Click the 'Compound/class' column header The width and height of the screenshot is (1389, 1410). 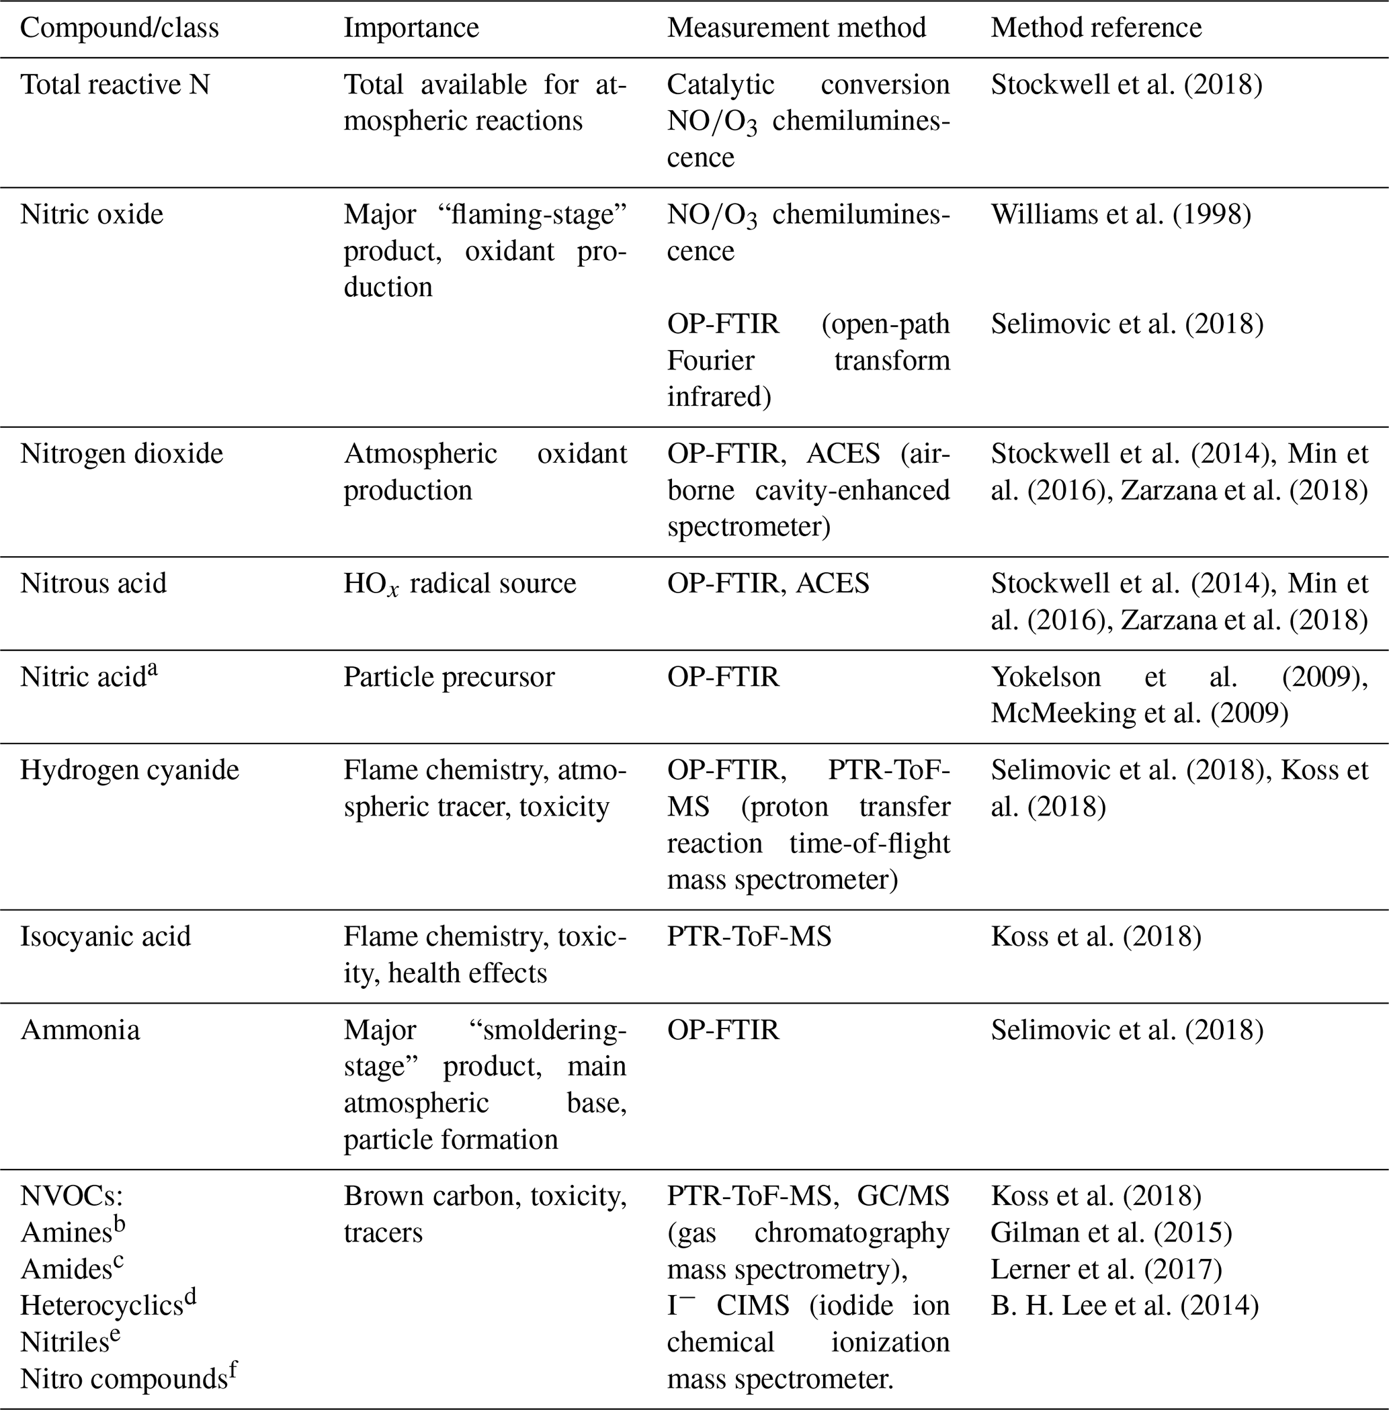pyautogui.click(x=119, y=28)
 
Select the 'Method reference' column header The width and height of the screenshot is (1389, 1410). pyautogui.click(x=1096, y=28)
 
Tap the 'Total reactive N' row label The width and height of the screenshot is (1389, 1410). pyautogui.click(x=114, y=85)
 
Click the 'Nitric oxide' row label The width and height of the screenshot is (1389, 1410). pyautogui.click(x=92, y=215)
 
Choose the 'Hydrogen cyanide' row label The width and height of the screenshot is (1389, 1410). pyautogui.click(x=129, y=771)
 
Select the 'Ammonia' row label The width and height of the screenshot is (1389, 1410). pyautogui.click(x=80, y=1030)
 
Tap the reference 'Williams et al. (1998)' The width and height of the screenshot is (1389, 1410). pyautogui.click(x=1120, y=215)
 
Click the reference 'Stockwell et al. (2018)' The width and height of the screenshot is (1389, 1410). pyautogui.click(x=1126, y=85)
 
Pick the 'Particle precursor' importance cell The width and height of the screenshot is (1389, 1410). pyautogui.click(x=449, y=678)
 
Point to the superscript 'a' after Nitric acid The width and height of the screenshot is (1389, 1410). pyautogui.click(x=153, y=670)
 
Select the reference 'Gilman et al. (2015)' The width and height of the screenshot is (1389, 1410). pyautogui.click(x=1111, y=1233)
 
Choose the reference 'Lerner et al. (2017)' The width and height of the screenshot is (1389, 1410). pyautogui.click(x=1106, y=1269)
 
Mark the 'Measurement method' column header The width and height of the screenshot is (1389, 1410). pyautogui.click(x=796, y=28)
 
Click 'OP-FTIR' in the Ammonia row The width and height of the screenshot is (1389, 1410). pyautogui.click(x=723, y=1030)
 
